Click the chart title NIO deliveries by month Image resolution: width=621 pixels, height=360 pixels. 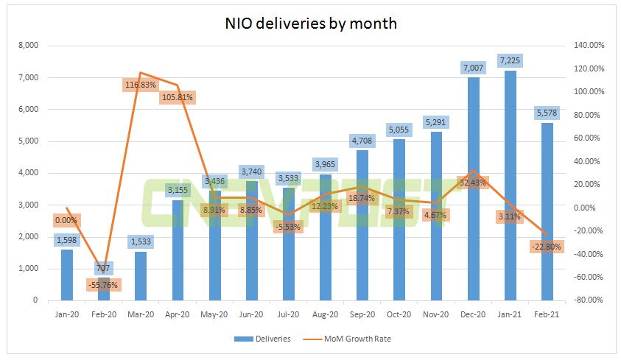point(310,23)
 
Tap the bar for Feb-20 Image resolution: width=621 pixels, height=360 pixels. point(105,291)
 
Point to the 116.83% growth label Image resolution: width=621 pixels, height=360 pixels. point(141,85)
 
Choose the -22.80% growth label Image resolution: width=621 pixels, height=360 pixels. point(545,247)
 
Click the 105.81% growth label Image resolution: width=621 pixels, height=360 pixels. point(177,97)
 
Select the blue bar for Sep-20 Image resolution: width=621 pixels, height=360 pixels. point(362,228)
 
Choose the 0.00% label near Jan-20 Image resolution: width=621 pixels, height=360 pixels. point(66,219)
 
